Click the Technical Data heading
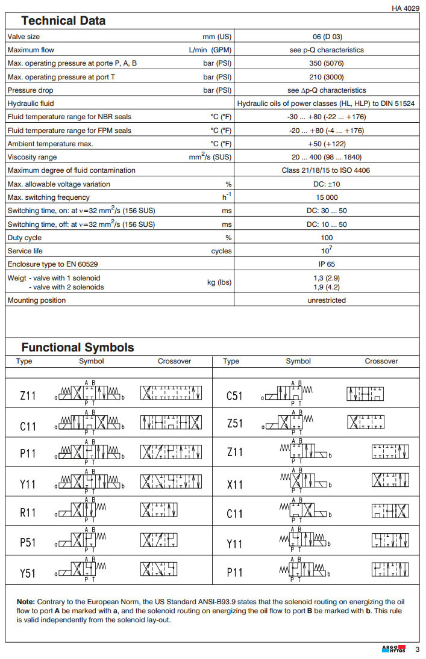click(63, 20)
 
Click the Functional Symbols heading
click(78, 347)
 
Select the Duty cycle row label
click(24, 238)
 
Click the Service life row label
click(25, 251)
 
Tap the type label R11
click(28, 513)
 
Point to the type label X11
click(234, 484)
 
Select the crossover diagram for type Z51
click(365, 422)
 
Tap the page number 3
click(417, 649)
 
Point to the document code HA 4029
click(404, 8)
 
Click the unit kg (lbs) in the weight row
click(219, 282)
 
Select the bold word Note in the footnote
click(25, 601)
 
